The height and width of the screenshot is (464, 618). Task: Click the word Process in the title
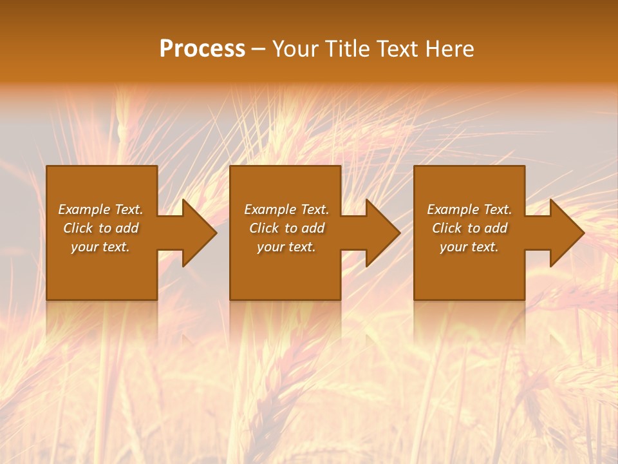[x=202, y=49]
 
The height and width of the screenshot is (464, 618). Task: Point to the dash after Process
[x=259, y=50]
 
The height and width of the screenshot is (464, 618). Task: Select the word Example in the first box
[x=84, y=209]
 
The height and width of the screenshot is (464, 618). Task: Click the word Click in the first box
[x=78, y=228]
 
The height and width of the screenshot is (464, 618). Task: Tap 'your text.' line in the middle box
[x=286, y=247]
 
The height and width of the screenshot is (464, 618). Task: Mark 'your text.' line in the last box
[x=469, y=247]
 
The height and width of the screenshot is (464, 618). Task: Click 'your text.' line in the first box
[x=100, y=247]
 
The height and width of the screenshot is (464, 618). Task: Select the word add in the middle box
[x=313, y=228]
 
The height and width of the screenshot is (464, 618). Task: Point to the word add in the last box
[x=496, y=228]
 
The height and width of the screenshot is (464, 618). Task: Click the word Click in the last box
[x=447, y=228]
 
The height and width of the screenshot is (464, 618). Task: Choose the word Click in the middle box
[x=264, y=228]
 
